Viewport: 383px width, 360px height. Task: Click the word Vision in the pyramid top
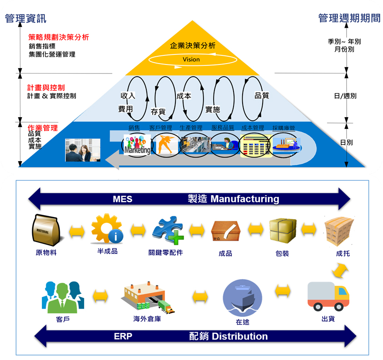tap(191, 59)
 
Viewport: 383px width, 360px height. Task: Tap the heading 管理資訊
tap(25, 19)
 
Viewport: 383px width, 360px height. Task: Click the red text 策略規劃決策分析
tap(58, 37)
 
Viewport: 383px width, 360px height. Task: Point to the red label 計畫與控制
tap(46, 87)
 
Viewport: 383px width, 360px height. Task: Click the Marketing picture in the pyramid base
tap(137, 145)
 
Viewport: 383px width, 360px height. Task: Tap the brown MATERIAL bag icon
tap(46, 230)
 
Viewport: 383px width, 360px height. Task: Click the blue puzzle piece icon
tap(167, 230)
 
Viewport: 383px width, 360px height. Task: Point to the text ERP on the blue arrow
tap(123, 336)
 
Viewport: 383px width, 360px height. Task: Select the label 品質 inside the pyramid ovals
tap(262, 96)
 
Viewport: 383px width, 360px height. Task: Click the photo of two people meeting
tap(82, 150)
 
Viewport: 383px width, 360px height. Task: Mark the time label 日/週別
tap(345, 96)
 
